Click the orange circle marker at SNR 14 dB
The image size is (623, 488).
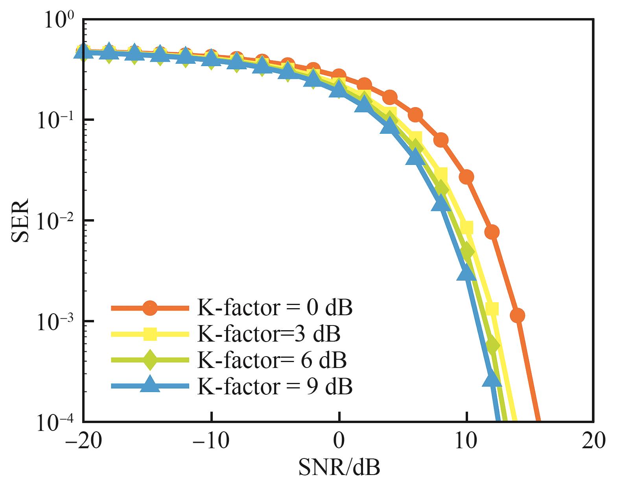click(517, 315)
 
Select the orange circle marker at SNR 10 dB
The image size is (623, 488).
click(466, 177)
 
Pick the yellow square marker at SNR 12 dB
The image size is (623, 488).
click(492, 309)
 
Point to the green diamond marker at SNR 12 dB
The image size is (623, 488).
click(492, 345)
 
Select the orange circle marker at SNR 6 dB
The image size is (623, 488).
click(415, 115)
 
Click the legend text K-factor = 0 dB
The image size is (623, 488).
click(275, 308)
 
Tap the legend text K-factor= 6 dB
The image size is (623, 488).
click(272, 360)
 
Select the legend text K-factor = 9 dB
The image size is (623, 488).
click(275, 386)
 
